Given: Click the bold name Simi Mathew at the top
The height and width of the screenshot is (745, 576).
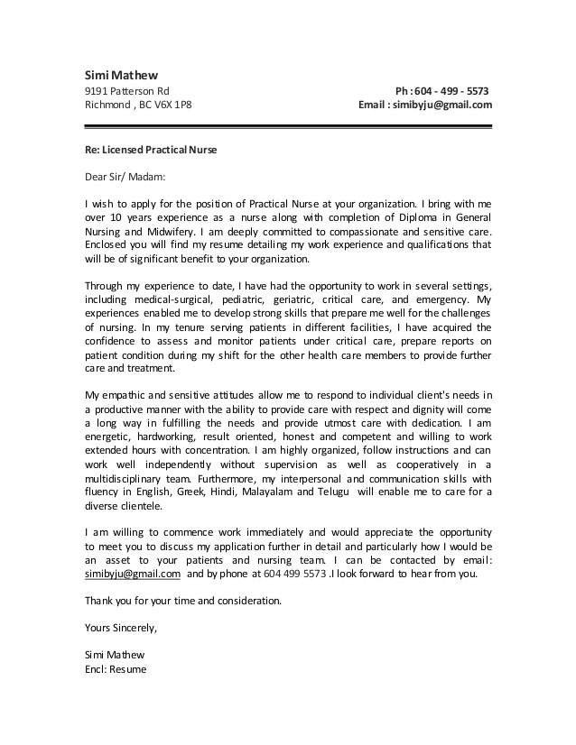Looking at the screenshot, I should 115,74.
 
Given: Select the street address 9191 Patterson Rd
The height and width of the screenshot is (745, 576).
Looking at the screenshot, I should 126,91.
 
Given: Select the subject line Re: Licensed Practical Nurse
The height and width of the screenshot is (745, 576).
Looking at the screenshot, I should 151,149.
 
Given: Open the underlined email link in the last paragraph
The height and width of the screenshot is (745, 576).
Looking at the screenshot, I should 132,573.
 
